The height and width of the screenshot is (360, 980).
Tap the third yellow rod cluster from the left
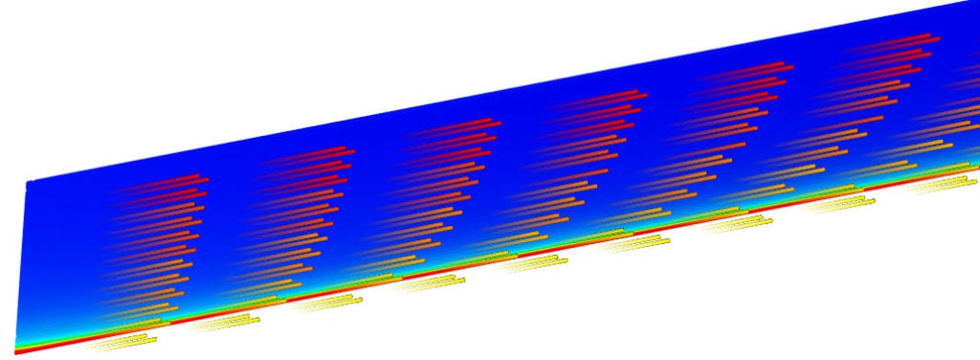[325, 303]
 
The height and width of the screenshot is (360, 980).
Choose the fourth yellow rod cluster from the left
[426, 283]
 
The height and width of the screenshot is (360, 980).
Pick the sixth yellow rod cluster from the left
[636, 242]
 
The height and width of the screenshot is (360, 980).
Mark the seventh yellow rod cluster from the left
[737, 223]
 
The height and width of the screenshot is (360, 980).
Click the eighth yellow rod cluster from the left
[837, 203]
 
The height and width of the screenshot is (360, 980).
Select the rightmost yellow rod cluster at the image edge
[943, 185]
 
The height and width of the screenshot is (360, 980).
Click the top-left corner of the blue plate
[28, 181]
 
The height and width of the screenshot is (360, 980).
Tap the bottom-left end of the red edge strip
[17, 351]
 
